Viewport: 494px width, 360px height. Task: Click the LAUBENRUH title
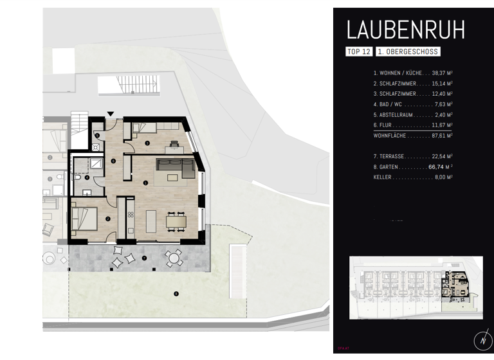[x=405, y=30]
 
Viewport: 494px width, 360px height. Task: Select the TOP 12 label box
[x=359, y=51]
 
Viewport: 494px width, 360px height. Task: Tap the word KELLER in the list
[x=383, y=177]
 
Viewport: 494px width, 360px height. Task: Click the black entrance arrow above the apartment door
[x=111, y=114]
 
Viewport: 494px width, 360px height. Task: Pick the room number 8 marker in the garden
[x=175, y=294]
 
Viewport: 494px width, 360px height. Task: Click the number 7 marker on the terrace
[x=144, y=258]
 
